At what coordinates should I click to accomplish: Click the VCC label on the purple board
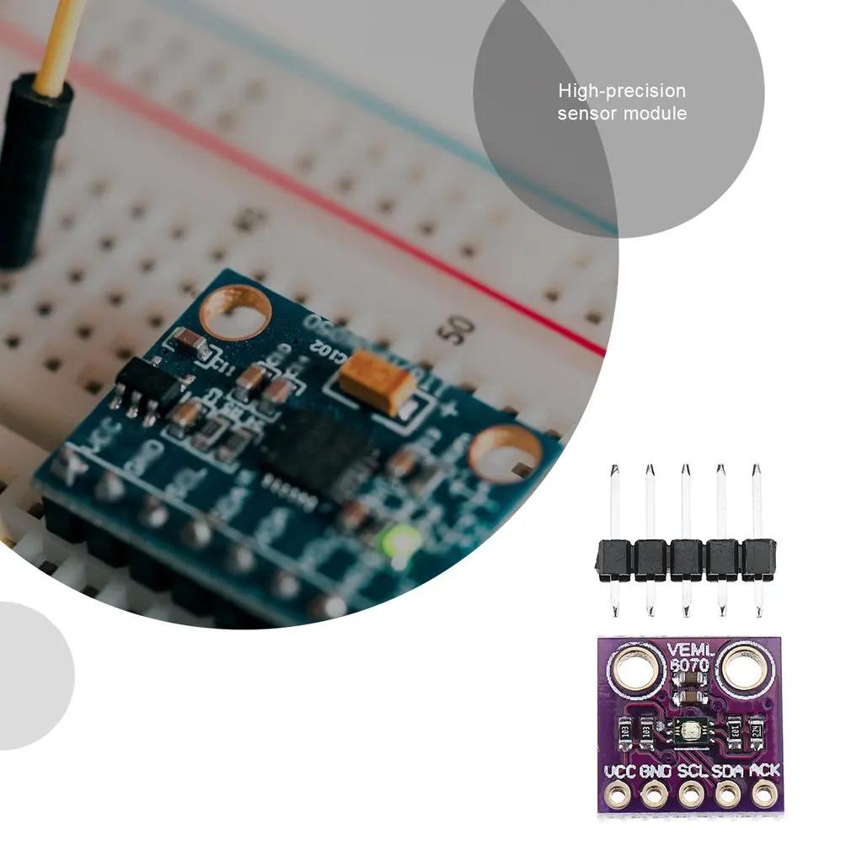pos(620,770)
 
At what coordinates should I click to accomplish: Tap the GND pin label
pos(655,770)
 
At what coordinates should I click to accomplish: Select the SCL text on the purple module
pos(692,770)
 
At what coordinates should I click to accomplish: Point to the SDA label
pos(729,770)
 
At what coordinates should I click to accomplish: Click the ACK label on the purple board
pos(764,770)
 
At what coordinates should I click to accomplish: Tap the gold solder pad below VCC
pos(619,793)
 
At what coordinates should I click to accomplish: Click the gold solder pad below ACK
pos(764,793)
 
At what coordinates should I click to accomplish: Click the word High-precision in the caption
pos(622,91)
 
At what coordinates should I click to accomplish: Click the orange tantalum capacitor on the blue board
pos(378,381)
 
